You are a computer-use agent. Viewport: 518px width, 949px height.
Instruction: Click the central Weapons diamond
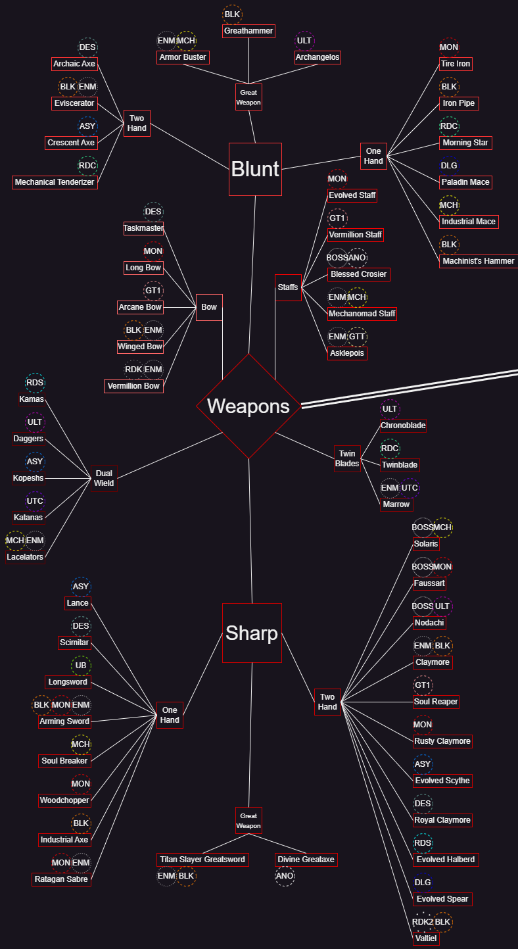point(248,406)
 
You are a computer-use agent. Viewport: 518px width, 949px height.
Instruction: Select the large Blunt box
point(255,169)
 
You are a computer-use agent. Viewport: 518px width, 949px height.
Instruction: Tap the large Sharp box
point(252,633)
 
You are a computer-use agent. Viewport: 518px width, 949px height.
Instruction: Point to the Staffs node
point(288,287)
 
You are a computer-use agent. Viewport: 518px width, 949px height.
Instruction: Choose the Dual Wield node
point(104,478)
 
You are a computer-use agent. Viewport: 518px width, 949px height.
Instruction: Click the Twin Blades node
point(347,458)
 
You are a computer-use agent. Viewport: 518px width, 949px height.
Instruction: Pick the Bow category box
point(209,307)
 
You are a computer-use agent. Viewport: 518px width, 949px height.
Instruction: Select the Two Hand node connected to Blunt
point(137,123)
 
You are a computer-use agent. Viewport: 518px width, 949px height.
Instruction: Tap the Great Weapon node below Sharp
point(248,820)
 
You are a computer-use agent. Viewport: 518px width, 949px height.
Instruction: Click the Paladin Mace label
point(465,182)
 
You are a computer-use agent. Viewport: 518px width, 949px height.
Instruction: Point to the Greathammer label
point(248,31)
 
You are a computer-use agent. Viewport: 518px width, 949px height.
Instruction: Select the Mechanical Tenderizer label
point(55,182)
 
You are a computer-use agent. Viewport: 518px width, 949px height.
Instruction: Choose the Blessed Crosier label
point(359,274)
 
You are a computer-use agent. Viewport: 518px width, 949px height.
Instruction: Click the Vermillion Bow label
point(133,386)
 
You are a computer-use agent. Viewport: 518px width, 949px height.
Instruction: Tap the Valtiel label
point(426,938)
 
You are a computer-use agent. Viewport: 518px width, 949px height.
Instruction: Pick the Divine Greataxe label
point(306,860)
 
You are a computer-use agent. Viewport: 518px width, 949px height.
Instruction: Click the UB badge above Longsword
point(81,666)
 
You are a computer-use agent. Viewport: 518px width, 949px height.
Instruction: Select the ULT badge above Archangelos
point(304,41)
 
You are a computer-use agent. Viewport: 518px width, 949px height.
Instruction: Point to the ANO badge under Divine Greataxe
point(285,876)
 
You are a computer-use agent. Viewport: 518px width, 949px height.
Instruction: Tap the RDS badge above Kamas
point(35,383)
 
